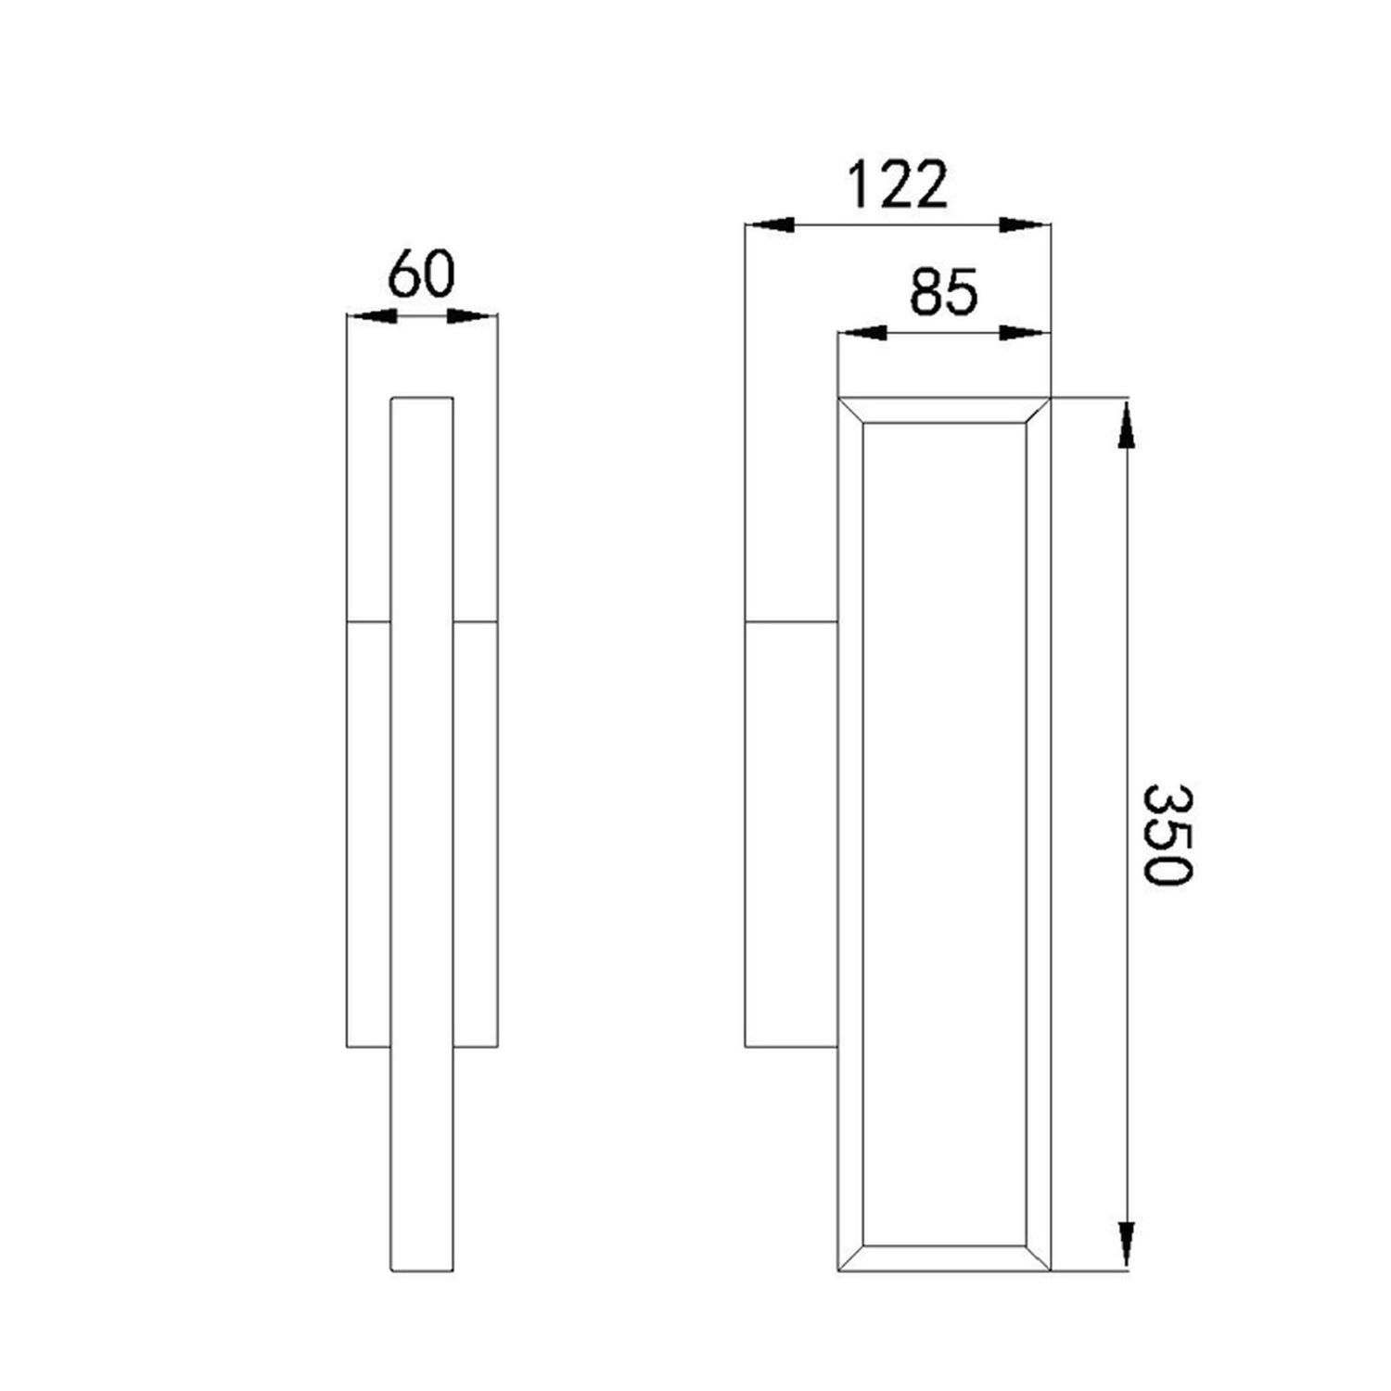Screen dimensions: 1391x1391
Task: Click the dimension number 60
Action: pos(422,275)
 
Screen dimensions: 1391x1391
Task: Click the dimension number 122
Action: pos(898,185)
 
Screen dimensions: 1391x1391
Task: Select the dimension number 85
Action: pos(943,292)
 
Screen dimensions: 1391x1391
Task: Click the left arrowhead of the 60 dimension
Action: pos(372,316)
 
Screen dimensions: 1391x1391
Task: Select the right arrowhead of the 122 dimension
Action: pos(1025,224)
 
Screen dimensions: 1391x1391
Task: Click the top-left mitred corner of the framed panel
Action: pos(851,411)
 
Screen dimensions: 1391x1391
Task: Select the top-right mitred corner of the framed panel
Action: pos(1038,411)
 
